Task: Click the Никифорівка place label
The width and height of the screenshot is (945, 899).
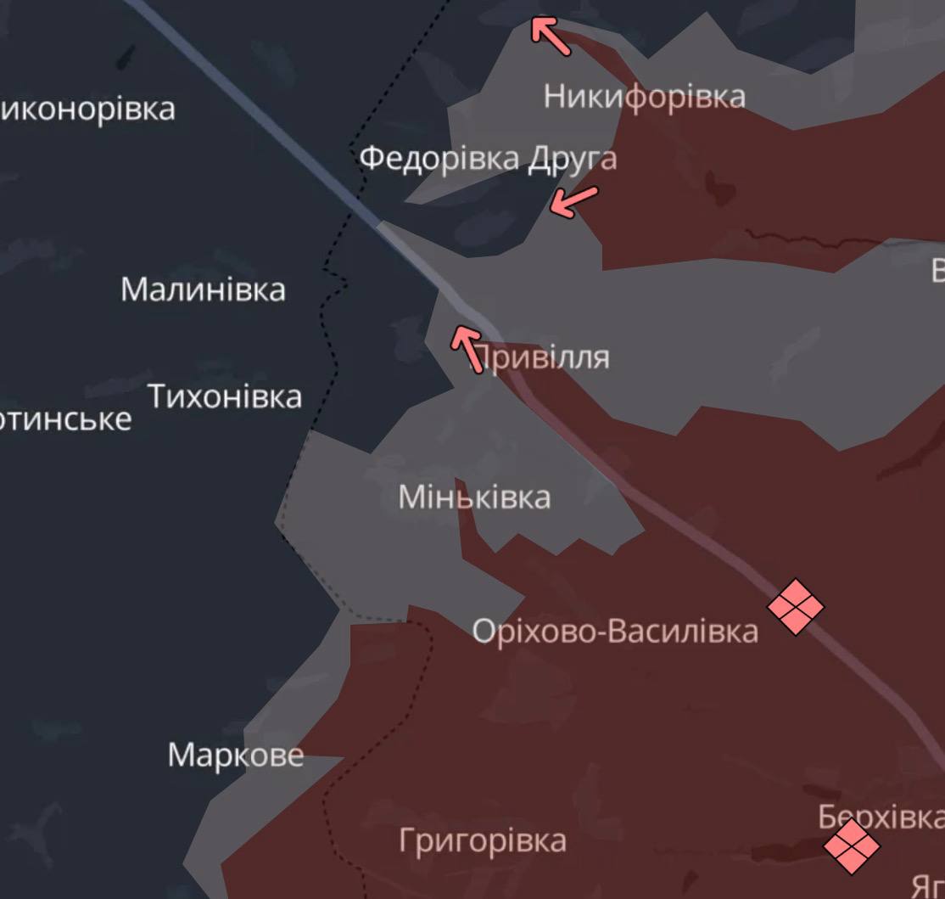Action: pyautogui.click(x=644, y=96)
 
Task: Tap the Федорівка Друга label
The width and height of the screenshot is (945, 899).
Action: pyautogui.click(x=488, y=159)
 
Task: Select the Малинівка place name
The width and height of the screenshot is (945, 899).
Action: pyautogui.click(x=203, y=289)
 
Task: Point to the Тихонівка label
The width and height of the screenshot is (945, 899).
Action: pyautogui.click(x=225, y=396)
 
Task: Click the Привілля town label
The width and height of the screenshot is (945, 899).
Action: pyautogui.click(x=540, y=357)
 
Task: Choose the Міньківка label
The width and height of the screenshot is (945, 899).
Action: pyautogui.click(x=474, y=497)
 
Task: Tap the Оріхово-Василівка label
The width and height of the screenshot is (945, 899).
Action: pyautogui.click(x=615, y=631)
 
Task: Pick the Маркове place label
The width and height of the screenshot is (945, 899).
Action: pyautogui.click(x=235, y=755)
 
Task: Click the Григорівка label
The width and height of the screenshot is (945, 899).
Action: pyautogui.click(x=483, y=840)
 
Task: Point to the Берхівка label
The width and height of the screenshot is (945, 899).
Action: pyautogui.click(x=881, y=817)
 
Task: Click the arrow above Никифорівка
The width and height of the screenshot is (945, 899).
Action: pyautogui.click(x=551, y=36)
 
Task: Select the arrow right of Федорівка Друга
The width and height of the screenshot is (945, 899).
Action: pyautogui.click(x=573, y=201)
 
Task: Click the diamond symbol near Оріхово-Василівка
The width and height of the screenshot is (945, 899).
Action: pyautogui.click(x=795, y=606)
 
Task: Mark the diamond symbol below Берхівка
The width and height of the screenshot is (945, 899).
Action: pyautogui.click(x=851, y=846)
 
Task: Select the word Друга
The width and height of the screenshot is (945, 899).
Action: pyautogui.click(x=572, y=159)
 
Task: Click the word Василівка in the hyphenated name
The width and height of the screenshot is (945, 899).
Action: pyautogui.click(x=685, y=631)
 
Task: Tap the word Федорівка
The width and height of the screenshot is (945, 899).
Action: pyautogui.click(x=439, y=159)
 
